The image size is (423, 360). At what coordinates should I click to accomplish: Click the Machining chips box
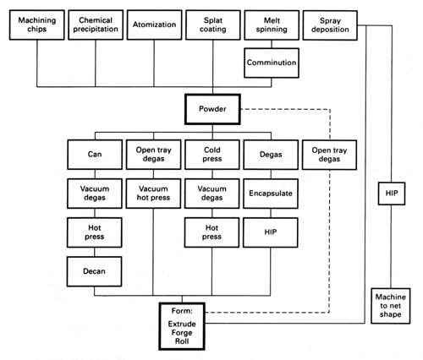tap(37, 25)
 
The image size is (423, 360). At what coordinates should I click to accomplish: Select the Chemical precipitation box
tap(96, 25)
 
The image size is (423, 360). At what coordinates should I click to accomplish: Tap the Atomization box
tap(154, 25)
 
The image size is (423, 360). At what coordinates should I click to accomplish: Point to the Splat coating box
tap(213, 25)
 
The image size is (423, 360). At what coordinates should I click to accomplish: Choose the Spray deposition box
tap(330, 25)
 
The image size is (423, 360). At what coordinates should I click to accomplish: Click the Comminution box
tap(272, 63)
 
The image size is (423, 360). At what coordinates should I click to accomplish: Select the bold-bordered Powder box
tap(212, 109)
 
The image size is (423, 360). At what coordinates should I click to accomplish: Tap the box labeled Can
tap(95, 155)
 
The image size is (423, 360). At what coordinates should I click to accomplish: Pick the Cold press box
tap(212, 155)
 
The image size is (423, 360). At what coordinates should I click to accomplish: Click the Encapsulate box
tap(271, 194)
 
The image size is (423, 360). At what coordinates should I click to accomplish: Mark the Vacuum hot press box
tap(153, 194)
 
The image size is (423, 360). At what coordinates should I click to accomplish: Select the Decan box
tap(94, 271)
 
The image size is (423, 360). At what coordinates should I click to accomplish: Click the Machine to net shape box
tap(391, 306)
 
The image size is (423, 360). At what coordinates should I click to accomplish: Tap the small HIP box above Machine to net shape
tap(392, 194)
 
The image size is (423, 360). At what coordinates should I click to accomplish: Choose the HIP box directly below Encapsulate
tap(271, 232)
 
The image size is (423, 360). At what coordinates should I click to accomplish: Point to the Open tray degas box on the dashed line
tap(329, 155)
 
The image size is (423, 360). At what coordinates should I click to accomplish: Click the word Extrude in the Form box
tap(182, 324)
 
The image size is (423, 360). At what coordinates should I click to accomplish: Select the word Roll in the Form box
tap(182, 341)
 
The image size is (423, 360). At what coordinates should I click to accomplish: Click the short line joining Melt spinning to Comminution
tap(272, 44)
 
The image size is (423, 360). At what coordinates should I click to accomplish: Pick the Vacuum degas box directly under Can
tap(95, 194)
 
